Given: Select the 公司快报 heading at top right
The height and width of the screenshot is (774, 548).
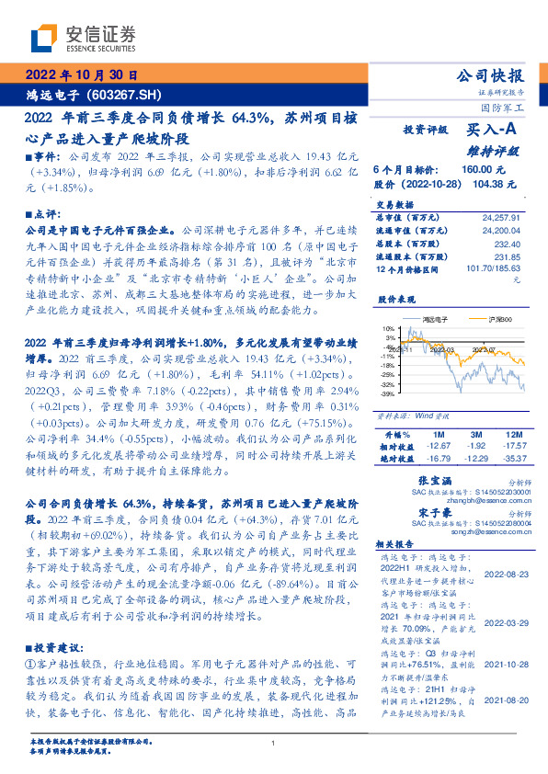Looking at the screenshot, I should click(490, 75).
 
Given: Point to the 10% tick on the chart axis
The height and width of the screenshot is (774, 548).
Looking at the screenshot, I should click(388, 327).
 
